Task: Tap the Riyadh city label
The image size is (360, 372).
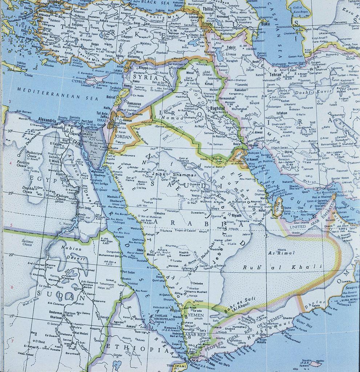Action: [236, 215]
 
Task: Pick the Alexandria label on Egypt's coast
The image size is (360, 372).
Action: [47, 120]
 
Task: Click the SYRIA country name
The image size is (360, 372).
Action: [145, 77]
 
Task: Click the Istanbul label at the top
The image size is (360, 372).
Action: [55, 2]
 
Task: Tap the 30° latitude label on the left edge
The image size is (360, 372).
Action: [10, 131]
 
